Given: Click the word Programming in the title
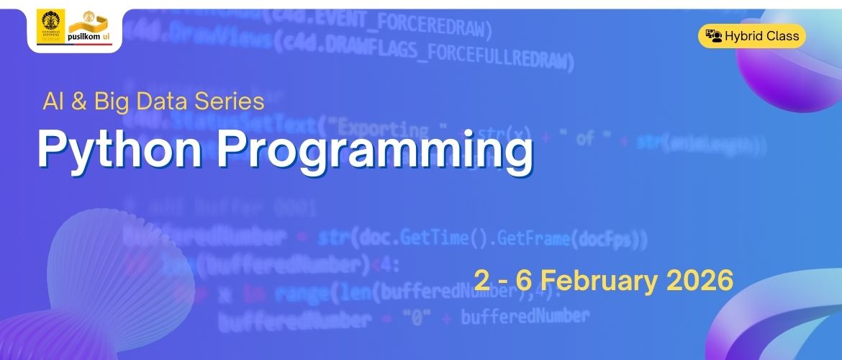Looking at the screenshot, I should coord(375,153).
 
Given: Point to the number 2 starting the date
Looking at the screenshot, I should coord(481,280).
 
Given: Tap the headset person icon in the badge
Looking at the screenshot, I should coord(713,36).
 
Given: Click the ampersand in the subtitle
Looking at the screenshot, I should coord(80,102).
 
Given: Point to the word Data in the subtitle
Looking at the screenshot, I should coord(163,102).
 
